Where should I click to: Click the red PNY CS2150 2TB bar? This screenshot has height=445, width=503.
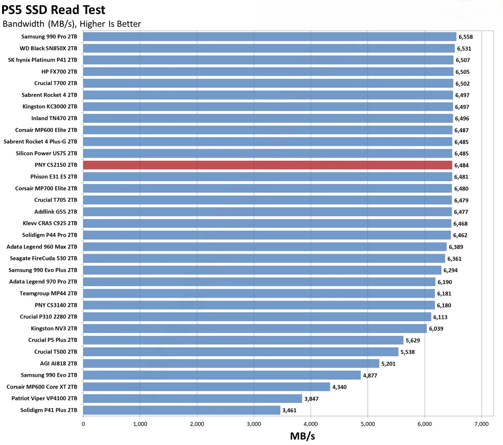(x=267, y=165)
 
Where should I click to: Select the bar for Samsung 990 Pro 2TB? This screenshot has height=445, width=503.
(x=270, y=37)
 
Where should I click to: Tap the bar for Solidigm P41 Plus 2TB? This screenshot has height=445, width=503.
(x=181, y=410)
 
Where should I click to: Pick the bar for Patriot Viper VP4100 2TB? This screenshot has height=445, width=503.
(x=192, y=399)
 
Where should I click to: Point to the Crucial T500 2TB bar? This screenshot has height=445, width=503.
(x=241, y=352)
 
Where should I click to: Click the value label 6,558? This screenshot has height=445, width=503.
(x=465, y=37)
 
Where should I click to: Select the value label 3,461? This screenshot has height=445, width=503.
(x=289, y=410)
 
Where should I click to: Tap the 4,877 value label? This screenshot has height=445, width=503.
(x=370, y=376)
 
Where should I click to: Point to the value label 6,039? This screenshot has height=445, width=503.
(x=436, y=329)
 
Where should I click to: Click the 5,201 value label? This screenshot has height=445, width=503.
(x=388, y=364)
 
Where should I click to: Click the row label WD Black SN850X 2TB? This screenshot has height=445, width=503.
(x=48, y=48)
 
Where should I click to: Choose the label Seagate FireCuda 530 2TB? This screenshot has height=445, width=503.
(x=44, y=258)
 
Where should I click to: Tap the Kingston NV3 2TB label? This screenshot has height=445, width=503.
(x=54, y=329)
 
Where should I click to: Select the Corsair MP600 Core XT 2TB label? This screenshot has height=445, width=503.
(x=42, y=387)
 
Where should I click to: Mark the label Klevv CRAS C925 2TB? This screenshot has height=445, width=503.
(x=50, y=223)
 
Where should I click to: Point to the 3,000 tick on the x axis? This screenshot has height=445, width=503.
(x=254, y=424)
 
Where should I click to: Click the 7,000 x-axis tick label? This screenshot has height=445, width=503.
(x=481, y=424)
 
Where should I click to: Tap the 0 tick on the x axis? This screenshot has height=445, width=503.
(x=83, y=424)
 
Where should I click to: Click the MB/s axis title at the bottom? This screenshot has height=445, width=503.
(x=302, y=436)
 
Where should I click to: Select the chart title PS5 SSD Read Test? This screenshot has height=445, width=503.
(x=54, y=9)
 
